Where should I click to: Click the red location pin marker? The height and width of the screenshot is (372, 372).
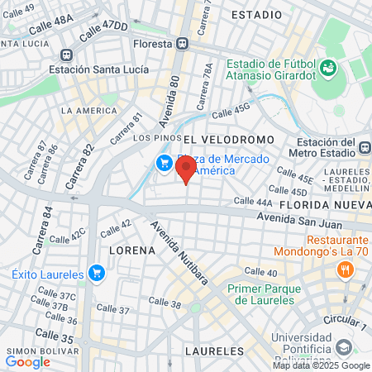(x=186, y=169)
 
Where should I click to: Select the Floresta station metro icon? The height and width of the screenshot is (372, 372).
(x=181, y=44)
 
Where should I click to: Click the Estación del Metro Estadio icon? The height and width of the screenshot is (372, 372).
(x=365, y=148)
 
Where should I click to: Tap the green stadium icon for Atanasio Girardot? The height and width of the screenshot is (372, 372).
(x=329, y=66)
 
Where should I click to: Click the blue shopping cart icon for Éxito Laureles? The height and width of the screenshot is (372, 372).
(x=97, y=272)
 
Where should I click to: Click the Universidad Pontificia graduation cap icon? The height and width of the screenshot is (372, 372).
(x=343, y=345)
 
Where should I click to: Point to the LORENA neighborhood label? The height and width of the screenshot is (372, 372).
(x=131, y=249)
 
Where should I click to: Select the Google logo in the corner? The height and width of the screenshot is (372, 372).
(x=27, y=361)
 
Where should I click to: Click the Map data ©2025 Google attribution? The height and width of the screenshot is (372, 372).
(x=322, y=365)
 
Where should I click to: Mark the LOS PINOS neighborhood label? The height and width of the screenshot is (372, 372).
(x=153, y=137)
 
